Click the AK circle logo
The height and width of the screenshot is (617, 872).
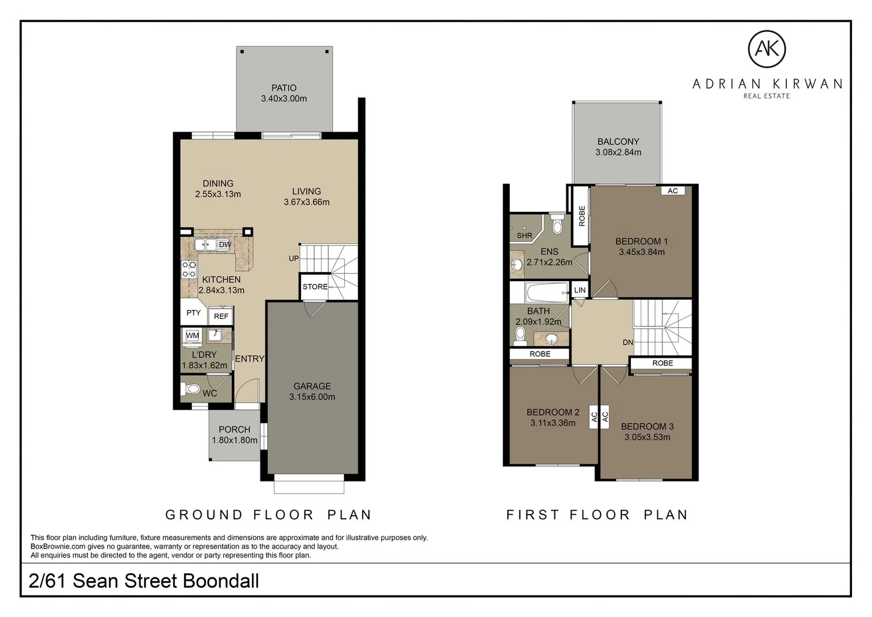click(767, 49)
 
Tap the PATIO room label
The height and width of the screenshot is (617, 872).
click(284, 88)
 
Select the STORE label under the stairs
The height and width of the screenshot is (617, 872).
click(315, 287)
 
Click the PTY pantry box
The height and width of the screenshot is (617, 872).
click(194, 312)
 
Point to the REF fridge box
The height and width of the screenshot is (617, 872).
click(221, 316)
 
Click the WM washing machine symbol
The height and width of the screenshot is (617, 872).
click(192, 335)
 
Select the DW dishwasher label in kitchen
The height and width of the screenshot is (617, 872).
click(225, 245)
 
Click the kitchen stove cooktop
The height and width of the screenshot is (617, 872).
click(189, 269)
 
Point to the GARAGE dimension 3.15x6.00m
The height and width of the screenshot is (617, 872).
click(312, 397)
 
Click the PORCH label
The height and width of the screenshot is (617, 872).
click(234, 430)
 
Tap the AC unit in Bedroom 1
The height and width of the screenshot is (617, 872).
click(673, 191)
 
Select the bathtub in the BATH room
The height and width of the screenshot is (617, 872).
click(546, 294)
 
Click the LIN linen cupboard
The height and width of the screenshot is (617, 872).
click(580, 290)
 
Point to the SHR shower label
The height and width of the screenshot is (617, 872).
click(524, 235)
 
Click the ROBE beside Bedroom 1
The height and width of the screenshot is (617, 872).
click(581, 216)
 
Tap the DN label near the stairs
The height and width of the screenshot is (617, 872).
click(628, 343)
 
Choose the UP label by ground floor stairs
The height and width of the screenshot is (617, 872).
click(294, 258)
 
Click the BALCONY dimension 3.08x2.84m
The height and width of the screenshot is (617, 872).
click(618, 153)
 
